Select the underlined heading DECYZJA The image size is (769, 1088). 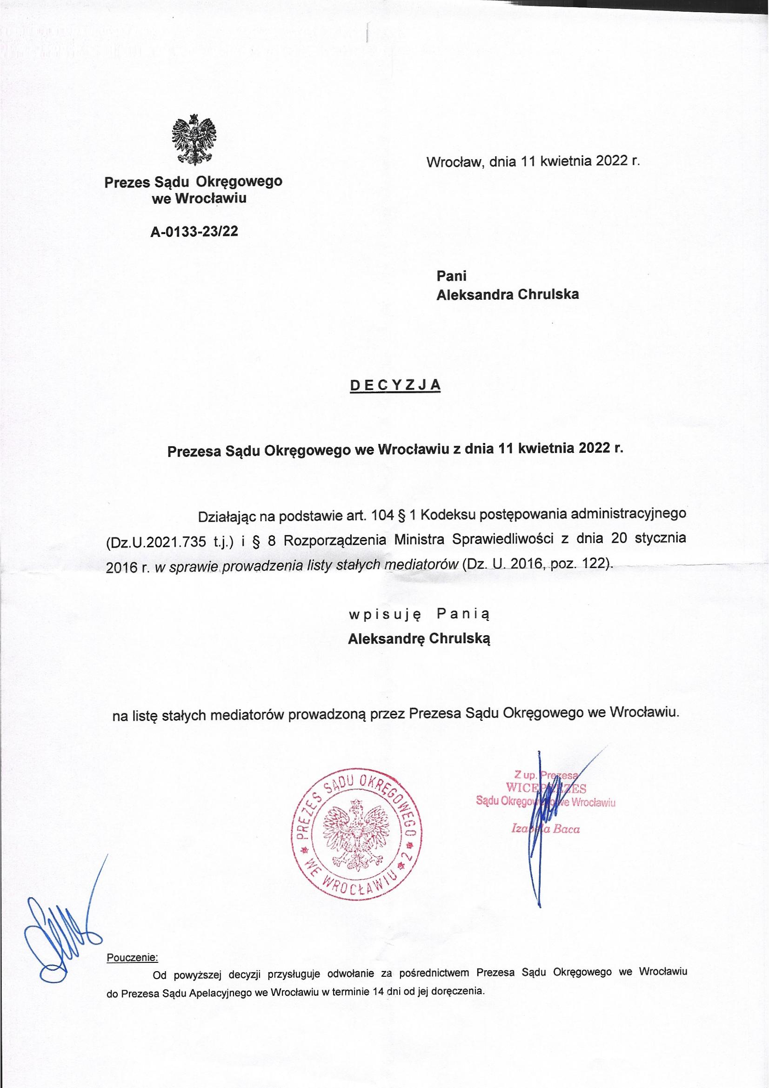[395, 385]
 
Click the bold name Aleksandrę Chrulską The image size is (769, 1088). [419, 639]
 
